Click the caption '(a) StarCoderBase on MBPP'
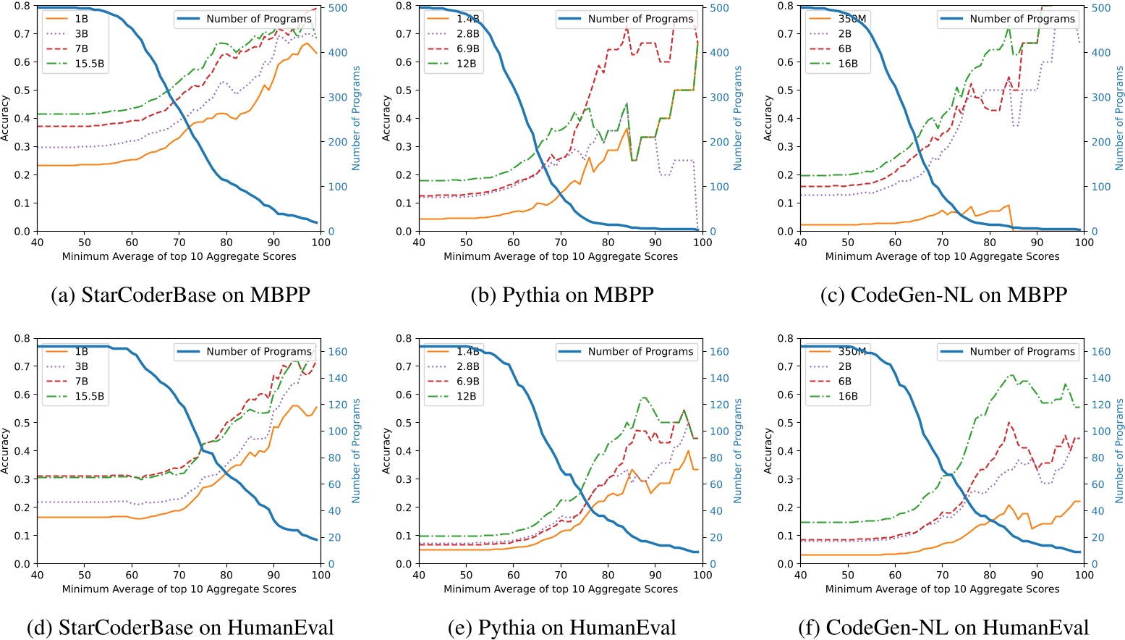tap(180, 295)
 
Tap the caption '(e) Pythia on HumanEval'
tap(562, 627)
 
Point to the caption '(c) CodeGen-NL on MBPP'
tap(943, 295)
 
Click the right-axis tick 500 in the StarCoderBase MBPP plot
tap(339, 8)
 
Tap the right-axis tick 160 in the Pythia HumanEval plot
tap(718, 351)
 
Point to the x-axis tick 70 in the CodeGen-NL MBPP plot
tap(942, 242)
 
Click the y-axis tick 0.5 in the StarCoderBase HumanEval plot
tap(23, 423)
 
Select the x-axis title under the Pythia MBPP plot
tap(561, 256)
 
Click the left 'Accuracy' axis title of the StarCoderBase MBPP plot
tap(6, 119)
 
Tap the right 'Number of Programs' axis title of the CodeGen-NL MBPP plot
tap(1119, 119)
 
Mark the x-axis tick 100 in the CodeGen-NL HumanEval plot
tap(1084, 574)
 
